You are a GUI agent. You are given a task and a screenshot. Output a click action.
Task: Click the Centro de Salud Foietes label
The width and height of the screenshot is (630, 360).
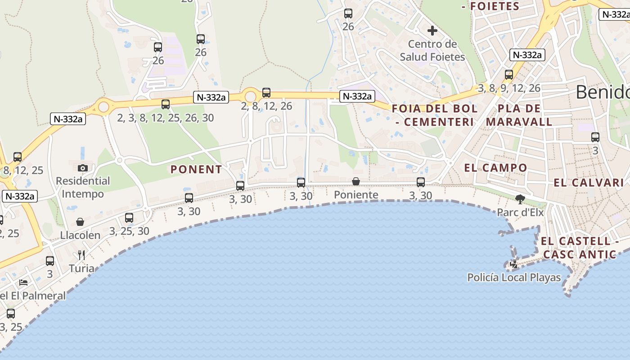[x=432, y=50]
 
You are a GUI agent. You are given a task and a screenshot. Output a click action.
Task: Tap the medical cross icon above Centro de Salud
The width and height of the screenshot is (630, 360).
[x=432, y=31]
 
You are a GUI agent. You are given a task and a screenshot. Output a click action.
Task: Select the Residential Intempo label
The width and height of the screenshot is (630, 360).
[x=83, y=187]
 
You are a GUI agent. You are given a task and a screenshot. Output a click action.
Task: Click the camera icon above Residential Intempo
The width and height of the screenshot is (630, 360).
[x=83, y=168]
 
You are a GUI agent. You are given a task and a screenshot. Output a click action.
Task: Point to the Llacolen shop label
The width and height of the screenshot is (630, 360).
[x=80, y=235]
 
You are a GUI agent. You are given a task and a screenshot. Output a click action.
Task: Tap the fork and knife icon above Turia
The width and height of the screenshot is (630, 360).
[x=81, y=255]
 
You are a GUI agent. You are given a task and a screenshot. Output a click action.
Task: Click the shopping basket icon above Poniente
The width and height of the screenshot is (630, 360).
[x=356, y=181]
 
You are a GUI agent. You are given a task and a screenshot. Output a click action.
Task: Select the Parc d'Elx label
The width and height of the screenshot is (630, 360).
[x=521, y=212]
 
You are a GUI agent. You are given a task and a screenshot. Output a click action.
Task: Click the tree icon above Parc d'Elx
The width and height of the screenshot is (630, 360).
[x=521, y=199]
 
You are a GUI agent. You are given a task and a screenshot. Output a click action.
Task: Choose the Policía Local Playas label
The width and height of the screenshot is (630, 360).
[x=514, y=277]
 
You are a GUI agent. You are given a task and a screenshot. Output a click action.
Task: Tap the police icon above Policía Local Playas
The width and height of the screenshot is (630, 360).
[x=514, y=264]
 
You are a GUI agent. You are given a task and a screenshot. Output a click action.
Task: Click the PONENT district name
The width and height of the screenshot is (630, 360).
[x=196, y=170]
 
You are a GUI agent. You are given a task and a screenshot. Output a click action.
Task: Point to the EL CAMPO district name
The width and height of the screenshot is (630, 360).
[x=495, y=168]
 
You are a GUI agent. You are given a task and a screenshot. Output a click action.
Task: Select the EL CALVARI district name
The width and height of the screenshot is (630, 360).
[x=589, y=183]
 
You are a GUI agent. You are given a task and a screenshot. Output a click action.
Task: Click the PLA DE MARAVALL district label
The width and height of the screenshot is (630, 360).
[x=519, y=115]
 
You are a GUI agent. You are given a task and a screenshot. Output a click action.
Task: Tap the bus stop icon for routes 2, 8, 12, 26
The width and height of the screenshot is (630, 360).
[x=266, y=93]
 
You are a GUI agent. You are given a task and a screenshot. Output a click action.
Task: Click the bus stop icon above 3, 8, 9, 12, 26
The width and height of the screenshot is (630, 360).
[x=509, y=75]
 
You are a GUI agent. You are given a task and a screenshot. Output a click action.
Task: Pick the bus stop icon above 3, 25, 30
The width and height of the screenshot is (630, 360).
[x=129, y=218]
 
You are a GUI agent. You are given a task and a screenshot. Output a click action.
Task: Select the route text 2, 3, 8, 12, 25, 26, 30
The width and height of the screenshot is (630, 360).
[x=165, y=118]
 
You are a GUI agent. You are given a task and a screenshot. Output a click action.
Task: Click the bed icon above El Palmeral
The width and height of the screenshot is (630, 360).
[x=23, y=283]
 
